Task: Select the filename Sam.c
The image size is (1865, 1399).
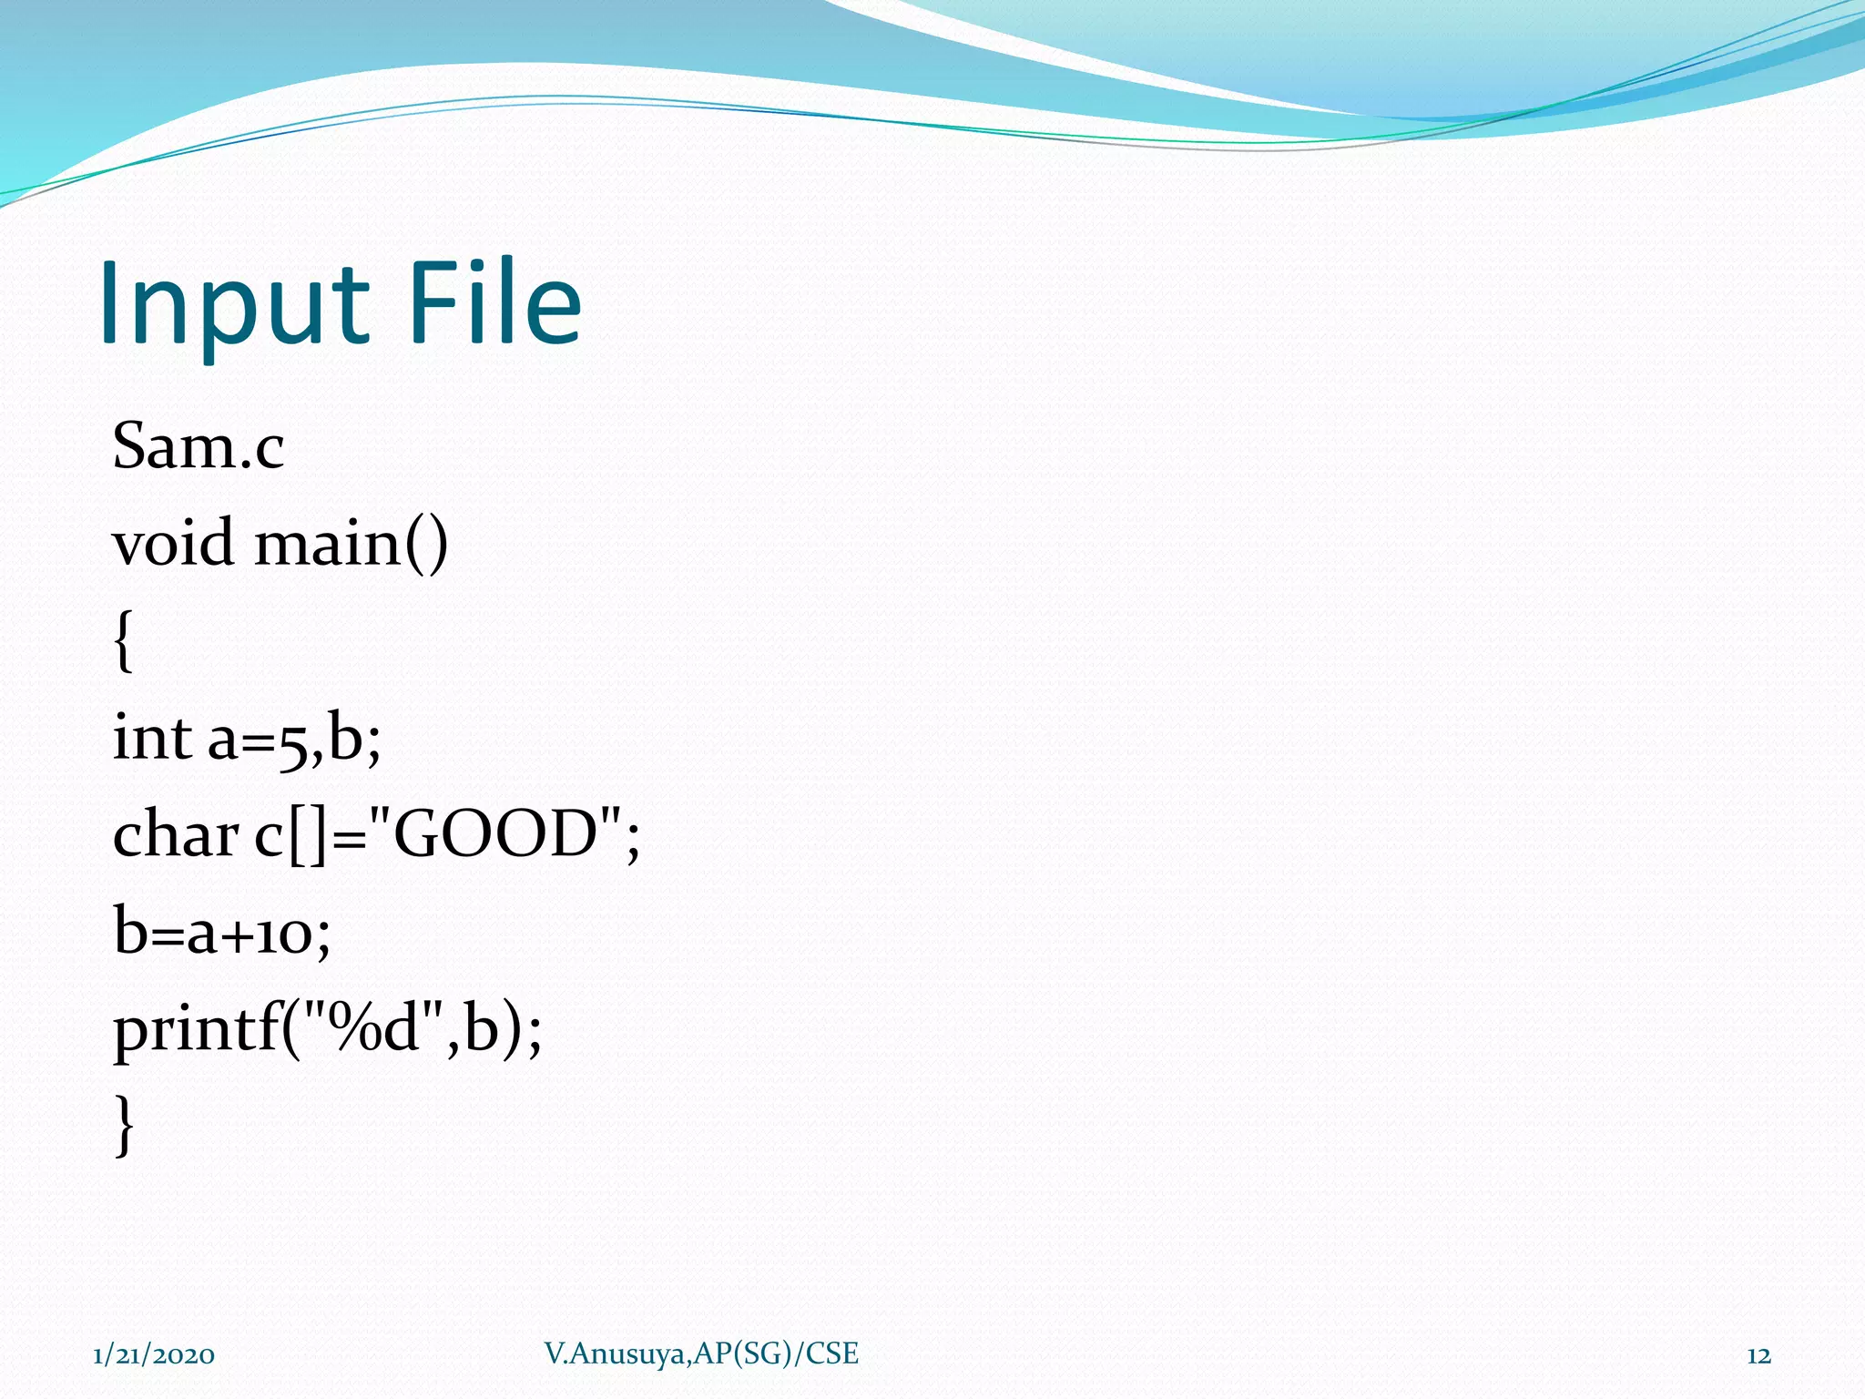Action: [x=198, y=447]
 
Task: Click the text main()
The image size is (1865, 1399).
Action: [x=351, y=543]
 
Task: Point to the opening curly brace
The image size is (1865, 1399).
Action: [x=124, y=641]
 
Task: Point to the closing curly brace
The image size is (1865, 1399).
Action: [x=124, y=1126]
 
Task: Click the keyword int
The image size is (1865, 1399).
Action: [x=151, y=737]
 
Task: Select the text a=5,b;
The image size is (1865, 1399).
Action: [x=293, y=739]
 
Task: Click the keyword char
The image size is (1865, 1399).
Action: [x=175, y=834]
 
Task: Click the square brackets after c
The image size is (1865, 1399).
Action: [x=307, y=836]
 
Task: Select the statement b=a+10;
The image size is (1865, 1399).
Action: [x=221, y=933]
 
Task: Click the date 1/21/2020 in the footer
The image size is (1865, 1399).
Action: [x=154, y=1355]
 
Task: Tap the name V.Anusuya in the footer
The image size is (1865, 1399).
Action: [x=615, y=1354]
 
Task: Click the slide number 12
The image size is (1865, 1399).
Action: [x=1758, y=1355]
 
